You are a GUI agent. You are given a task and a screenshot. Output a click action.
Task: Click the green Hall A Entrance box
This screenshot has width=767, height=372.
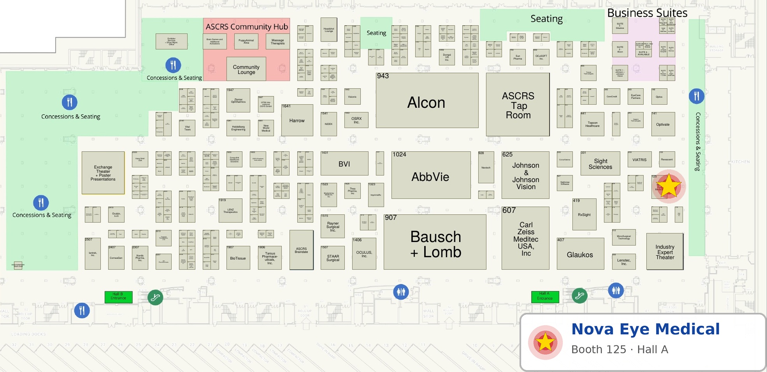tap(545, 297)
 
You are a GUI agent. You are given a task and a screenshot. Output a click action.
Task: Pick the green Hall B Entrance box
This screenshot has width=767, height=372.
tap(118, 297)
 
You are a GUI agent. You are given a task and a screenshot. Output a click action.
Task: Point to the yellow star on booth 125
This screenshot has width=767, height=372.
tap(669, 186)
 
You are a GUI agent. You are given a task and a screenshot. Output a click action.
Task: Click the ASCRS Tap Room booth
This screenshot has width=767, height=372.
tap(518, 105)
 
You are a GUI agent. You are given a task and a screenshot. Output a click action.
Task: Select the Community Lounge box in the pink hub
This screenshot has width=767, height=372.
tap(246, 69)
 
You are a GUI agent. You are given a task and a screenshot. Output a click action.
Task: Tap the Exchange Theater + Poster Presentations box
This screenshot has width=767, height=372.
tap(103, 173)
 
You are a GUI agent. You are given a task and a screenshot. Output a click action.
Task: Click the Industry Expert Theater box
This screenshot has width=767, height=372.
tap(665, 252)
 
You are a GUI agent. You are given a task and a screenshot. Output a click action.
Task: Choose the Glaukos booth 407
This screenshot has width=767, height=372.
tap(580, 254)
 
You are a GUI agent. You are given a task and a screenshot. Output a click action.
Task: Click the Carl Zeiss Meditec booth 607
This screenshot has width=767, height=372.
tap(525, 238)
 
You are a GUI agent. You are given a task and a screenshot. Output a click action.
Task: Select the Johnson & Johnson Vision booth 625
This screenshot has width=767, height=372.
tap(525, 175)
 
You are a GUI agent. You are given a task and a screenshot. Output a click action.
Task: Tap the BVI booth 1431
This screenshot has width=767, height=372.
tap(344, 164)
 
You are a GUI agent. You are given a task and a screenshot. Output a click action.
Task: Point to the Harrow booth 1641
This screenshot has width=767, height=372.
tap(297, 120)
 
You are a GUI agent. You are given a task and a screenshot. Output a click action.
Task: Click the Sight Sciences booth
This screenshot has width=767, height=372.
tap(600, 164)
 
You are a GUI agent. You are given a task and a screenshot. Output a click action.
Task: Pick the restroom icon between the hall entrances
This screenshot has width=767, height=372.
tap(400, 291)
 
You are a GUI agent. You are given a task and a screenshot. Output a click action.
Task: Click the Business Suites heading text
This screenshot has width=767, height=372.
tap(647, 13)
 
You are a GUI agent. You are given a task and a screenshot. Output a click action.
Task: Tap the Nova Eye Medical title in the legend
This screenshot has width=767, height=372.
tap(645, 329)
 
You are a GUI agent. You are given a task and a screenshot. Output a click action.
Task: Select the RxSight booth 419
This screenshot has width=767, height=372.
tap(584, 214)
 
